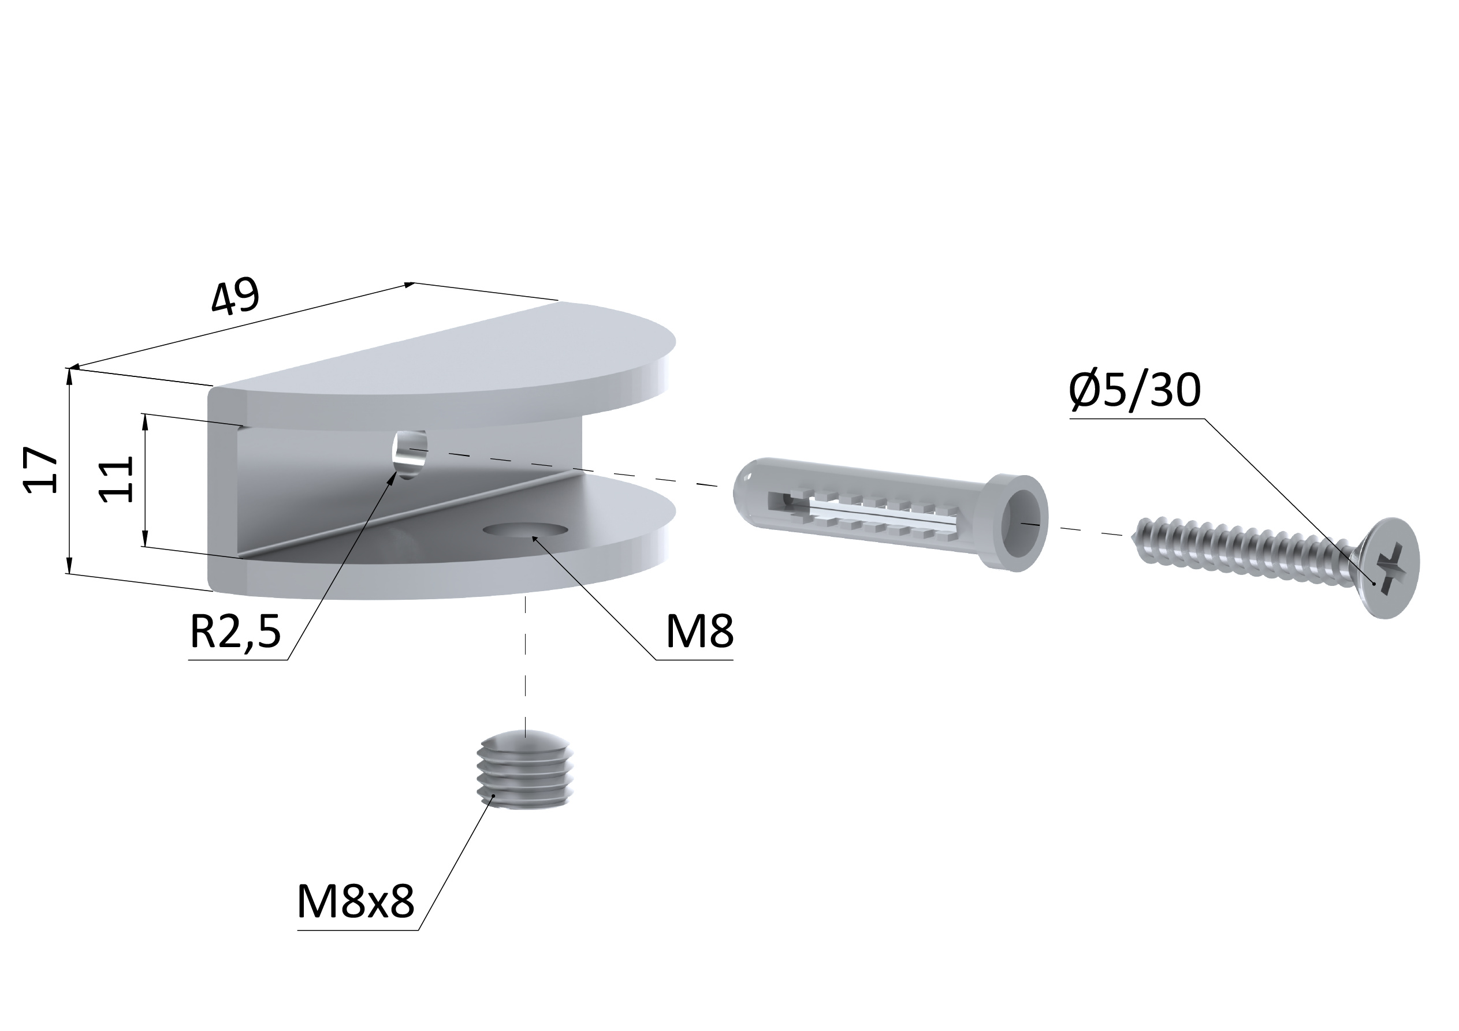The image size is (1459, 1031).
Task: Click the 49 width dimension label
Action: point(235,297)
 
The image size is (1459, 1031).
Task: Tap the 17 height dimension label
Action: point(40,470)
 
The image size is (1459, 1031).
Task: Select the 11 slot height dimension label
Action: point(117,480)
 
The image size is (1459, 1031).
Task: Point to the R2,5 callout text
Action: point(235,633)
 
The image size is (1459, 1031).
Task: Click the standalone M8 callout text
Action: point(699,632)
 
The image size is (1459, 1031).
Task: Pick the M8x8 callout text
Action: point(355,902)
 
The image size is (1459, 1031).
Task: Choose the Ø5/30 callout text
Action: point(1135,390)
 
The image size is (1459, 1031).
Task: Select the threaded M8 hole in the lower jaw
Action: point(525,529)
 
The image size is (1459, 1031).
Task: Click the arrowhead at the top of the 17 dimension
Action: point(70,375)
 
